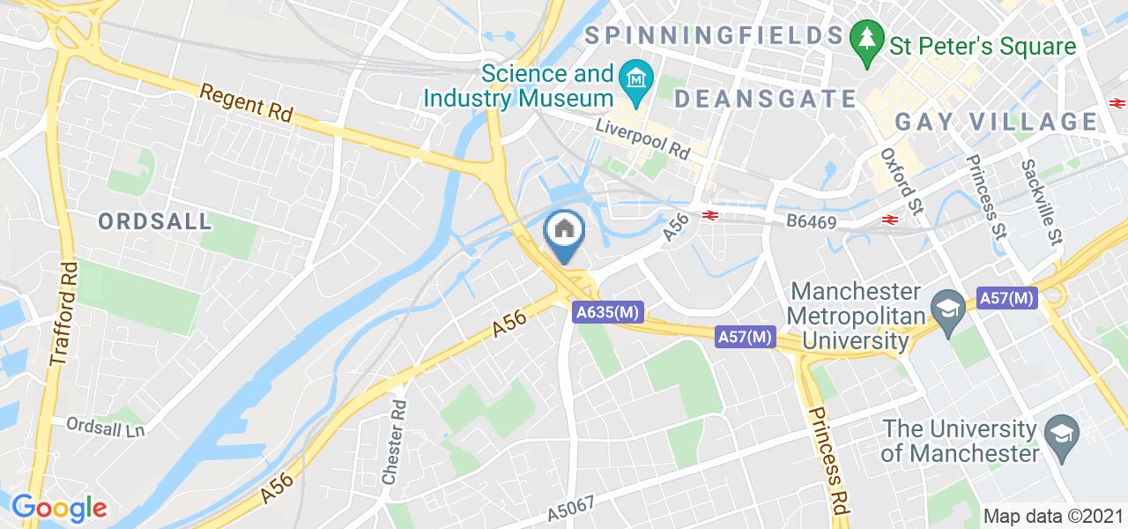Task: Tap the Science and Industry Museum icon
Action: [634, 79]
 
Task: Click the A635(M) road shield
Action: [608, 312]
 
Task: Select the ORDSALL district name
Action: [155, 221]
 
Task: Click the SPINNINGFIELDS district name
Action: [713, 35]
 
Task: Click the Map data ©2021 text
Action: [1052, 516]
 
